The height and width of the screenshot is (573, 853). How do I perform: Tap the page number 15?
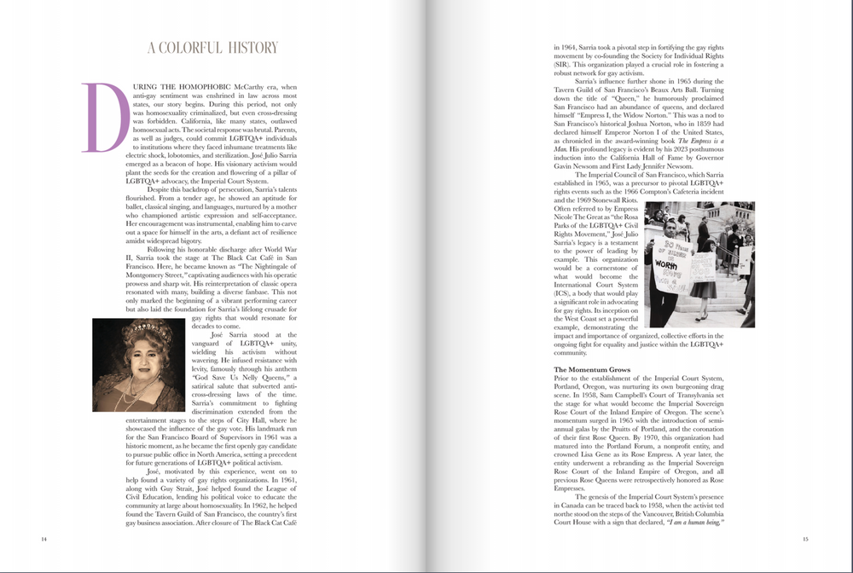(x=805, y=539)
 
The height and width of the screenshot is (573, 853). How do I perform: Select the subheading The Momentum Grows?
(x=592, y=369)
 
